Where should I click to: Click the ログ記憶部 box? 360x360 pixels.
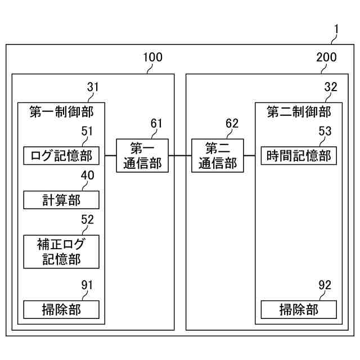coord(61,155)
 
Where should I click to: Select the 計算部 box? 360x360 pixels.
coord(61,200)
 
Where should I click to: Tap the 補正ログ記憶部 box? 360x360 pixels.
coord(61,251)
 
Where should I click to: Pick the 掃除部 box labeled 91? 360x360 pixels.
coord(61,309)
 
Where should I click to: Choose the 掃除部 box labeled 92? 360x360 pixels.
coord(299,309)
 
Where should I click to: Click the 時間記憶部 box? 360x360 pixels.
coord(299,155)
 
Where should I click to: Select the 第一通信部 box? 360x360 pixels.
coord(142,155)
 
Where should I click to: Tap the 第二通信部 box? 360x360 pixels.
coord(218,155)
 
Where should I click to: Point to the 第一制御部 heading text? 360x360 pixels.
coord(61,112)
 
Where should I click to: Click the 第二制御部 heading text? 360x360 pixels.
coord(299,112)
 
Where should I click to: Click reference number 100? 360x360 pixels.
coord(152,57)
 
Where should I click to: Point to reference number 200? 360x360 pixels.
coord(326,57)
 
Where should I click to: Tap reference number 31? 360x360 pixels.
coord(93,87)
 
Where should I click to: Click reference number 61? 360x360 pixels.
coord(156,123)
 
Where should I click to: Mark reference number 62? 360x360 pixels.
coord(232,123)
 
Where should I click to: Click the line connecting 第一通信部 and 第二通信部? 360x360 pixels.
coord(180,155)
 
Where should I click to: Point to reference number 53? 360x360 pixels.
coord(325,132)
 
